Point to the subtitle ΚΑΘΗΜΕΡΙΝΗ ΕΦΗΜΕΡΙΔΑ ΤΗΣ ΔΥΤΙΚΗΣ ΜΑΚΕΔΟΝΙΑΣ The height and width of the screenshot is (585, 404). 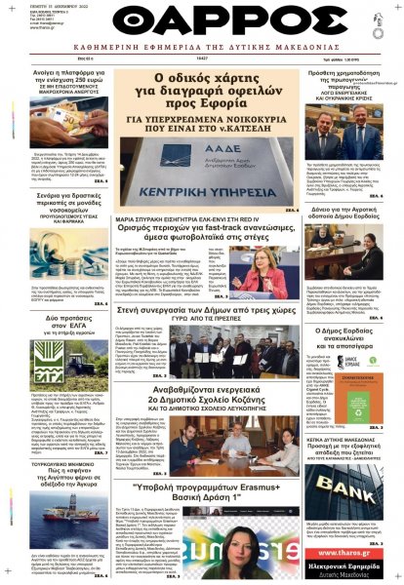coord(202,55)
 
